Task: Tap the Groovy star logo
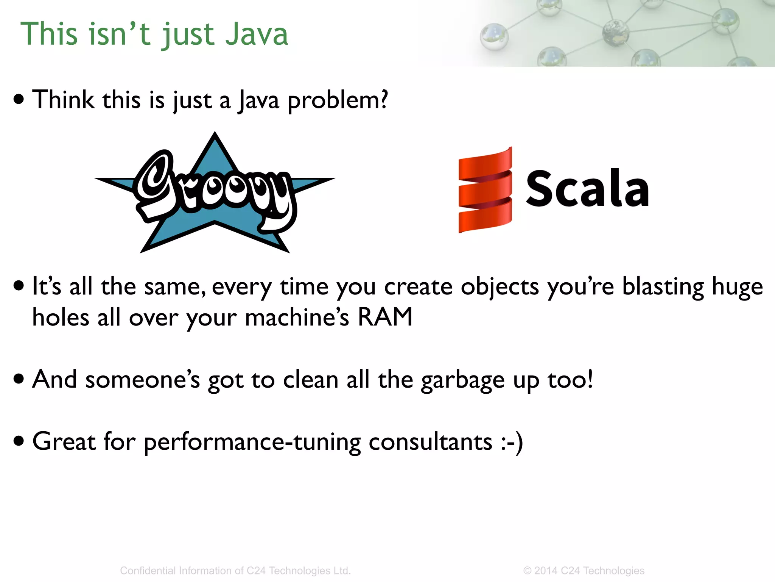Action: (x=215, y=193)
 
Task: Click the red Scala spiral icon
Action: (x=485, y=190)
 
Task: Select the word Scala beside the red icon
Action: (x=587, y=189)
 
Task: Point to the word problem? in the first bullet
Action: (x=338, y=100)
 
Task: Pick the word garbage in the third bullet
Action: (x=462, y=380)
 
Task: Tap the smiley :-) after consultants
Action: (x=512, y=442)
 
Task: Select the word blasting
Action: (x=663, y=286)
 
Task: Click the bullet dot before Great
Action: (x=19, y=441)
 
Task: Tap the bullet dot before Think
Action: (x=19, y=99)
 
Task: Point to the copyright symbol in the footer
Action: (x=527, y=571)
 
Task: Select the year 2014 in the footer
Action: (x=546, y=571)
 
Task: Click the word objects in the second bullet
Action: (x=500, y=287)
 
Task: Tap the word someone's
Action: (x=142, y=380)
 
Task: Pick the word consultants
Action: (x=430, y=442)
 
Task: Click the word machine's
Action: (x=297, y=317)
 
